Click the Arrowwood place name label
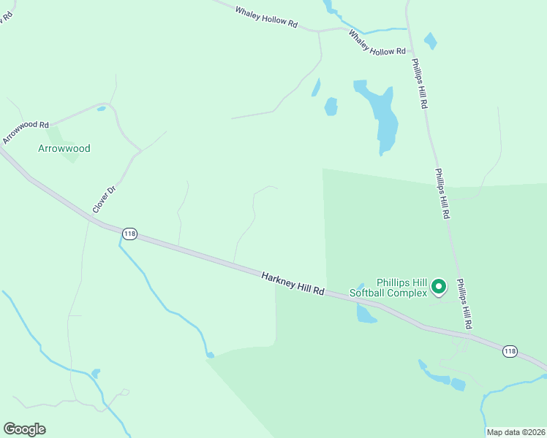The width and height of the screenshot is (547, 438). tap(64, 148)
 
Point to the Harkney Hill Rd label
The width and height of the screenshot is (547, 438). tap(293, 282)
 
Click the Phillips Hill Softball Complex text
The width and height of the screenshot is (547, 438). tap(388, 288)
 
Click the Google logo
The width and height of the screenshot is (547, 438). tap(24, 429)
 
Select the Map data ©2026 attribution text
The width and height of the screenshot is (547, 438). tap(516, 432)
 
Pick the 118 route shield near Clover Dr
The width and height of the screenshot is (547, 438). tap(129, 234)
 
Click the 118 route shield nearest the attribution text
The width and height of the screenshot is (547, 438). tap(510, 352)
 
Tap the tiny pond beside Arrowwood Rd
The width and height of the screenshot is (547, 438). tap(101, 109)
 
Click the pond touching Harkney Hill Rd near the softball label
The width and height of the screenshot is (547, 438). tap(365, 312)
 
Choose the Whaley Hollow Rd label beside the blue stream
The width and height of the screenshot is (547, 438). tap(377, 42)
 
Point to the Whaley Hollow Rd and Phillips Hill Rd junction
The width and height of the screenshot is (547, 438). tap(408, 28)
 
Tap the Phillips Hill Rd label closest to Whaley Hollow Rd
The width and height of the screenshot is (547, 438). tap(418, 84)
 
